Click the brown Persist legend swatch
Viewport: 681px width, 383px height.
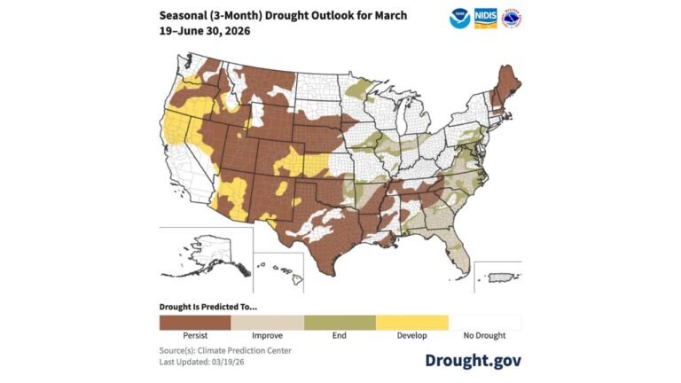[195, 322]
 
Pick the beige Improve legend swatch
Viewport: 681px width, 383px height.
[267, 322]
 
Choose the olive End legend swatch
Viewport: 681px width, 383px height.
[340, 322]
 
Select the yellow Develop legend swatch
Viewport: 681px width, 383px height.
[411, 322]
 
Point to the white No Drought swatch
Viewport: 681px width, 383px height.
[484, 322]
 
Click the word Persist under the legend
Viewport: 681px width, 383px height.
[195, 337]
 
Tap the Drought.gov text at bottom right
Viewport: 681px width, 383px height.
[473, 359]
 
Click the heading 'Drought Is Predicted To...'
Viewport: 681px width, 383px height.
[207, 306]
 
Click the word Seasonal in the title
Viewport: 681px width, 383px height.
[185, 16]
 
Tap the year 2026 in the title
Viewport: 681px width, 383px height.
[233, 30]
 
